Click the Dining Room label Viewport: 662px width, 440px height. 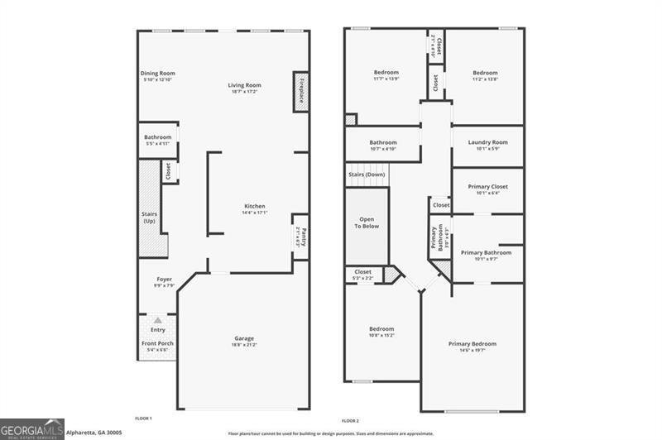click(x=157, y=73)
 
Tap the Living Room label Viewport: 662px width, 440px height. click(x=245, y=85)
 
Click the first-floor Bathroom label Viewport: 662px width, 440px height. click(x=157, y=137)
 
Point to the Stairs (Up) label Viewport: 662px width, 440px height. click(x=150, y=218)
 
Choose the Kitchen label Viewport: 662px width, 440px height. click(x=254, y=206)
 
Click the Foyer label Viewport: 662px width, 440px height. click(x=164, y=280)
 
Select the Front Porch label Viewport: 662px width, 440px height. click(x=157, y=343)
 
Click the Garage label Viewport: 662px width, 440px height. click(x=243, y=338)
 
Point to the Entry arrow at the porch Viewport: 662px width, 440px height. click(x=157, y=318)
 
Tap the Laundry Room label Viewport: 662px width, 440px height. click(x=487, y=142)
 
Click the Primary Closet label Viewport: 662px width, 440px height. click(x=487, y=187)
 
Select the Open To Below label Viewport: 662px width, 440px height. click(x=367, y=222)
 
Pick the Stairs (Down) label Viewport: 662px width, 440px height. click(x=365, y=175)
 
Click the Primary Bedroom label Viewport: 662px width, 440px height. click(x=473, y=343)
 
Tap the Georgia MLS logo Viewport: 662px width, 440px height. click(x=32, y=428)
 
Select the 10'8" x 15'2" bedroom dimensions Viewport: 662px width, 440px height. click(x=381, y=335)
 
